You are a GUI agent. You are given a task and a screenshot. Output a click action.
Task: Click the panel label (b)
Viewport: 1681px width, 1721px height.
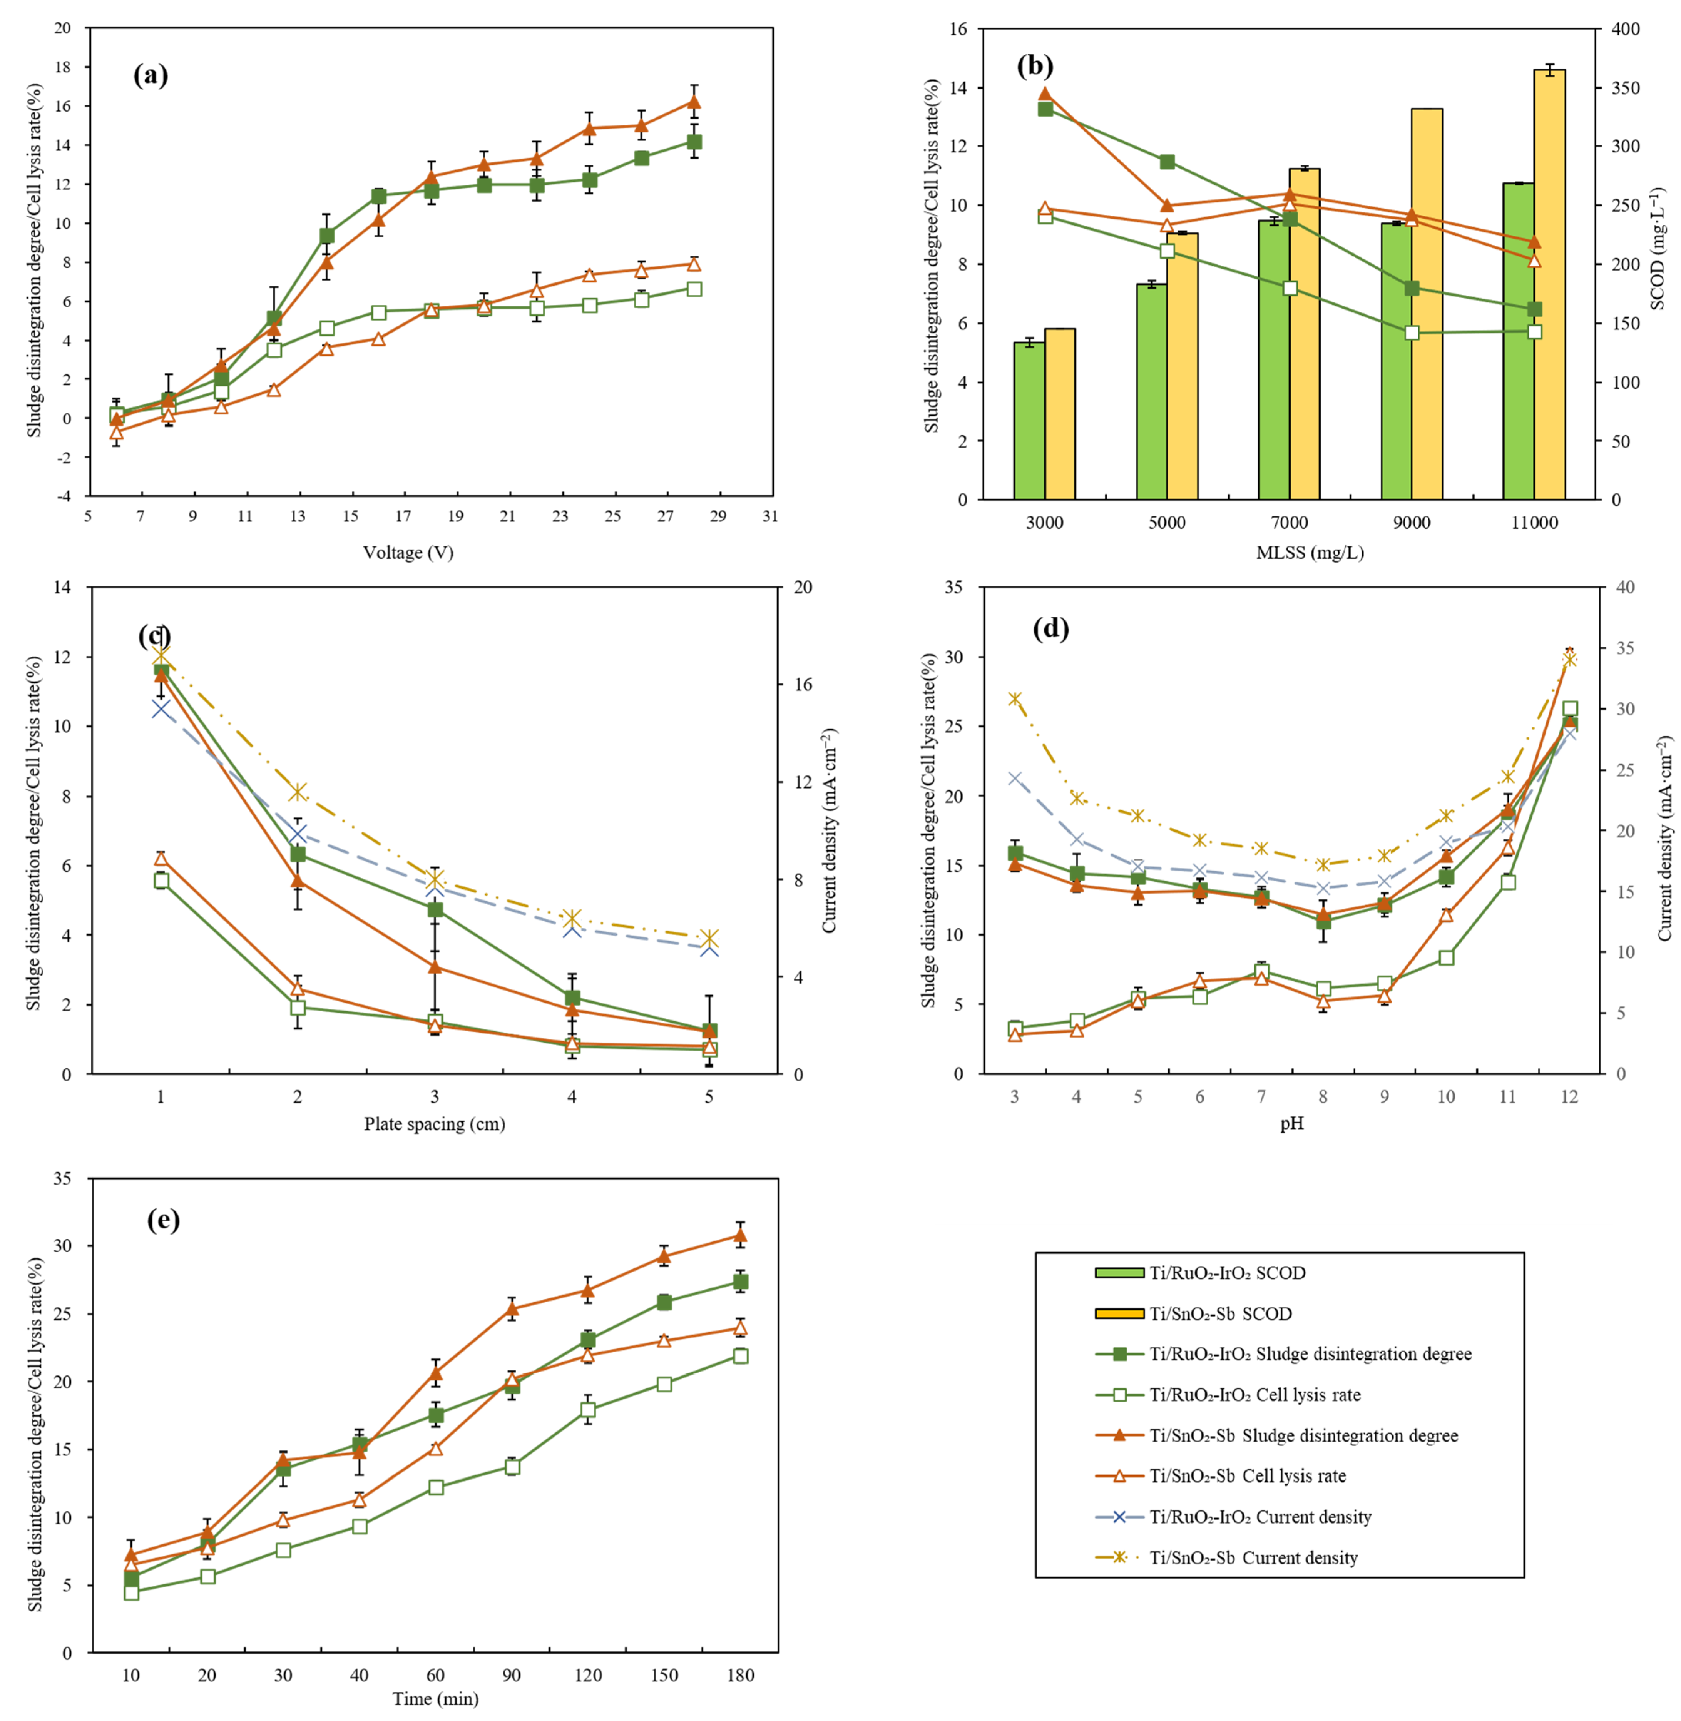[1035, 65]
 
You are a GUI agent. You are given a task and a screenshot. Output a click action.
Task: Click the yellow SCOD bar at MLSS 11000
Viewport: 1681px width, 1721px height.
[1549, 284]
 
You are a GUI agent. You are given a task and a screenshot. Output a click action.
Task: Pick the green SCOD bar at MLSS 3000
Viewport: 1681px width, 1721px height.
[1029, 420]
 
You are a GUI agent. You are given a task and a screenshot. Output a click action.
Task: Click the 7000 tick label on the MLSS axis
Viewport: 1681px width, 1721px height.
[1289, 523]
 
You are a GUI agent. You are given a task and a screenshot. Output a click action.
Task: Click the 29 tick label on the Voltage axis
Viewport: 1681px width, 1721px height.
[718, 516]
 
